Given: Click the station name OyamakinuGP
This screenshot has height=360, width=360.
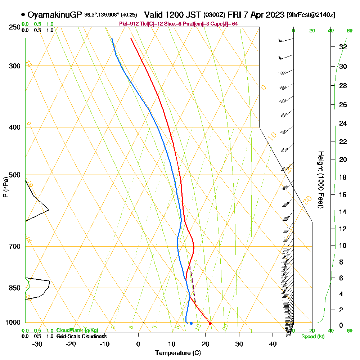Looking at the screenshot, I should point(55,15).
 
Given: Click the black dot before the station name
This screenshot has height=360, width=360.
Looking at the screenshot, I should point(23,15).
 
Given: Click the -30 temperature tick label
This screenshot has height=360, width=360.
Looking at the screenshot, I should point(37,344).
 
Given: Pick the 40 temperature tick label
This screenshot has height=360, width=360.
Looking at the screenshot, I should point(273,344).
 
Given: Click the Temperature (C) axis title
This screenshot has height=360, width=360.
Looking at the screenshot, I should point(178,353).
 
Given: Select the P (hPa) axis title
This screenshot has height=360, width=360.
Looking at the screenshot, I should point(5,187).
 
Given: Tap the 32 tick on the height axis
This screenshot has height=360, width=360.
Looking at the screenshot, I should point(343,47).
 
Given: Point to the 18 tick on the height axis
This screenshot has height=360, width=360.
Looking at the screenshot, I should point(343,177).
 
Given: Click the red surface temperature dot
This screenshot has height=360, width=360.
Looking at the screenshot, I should point(210,323).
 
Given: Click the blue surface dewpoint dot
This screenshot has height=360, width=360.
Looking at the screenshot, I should point(191,323).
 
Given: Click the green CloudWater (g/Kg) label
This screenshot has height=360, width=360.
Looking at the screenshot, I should point(77,330).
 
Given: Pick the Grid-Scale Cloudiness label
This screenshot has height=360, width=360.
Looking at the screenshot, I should point(81,336).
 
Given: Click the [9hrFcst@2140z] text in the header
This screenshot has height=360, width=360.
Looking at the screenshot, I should point(311,15).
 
